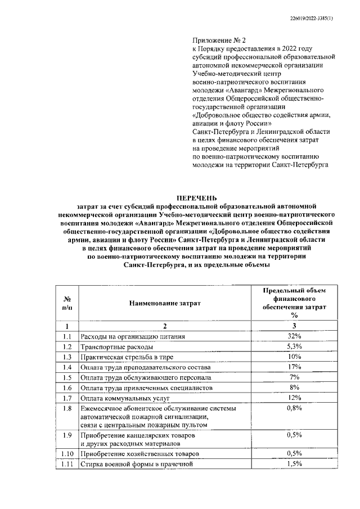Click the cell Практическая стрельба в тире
coord(127,357)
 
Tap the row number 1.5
coord(67,378)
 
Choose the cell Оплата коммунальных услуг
coord(125,399)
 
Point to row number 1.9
coord(67,435)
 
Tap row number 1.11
coord(67,465)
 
